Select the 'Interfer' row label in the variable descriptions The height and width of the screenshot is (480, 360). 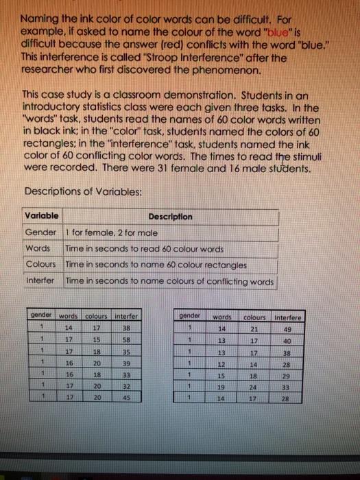[x=40, y=281]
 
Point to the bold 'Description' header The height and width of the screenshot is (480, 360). [x=170, y=216]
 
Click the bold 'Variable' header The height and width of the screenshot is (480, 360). [x=40, y=216]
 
